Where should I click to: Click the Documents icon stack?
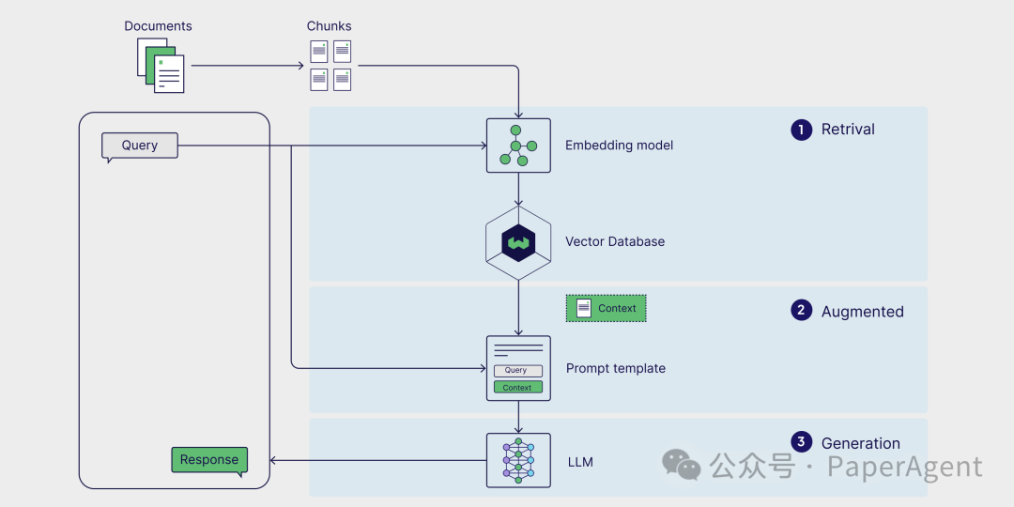[x=161, y=66]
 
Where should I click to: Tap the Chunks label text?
[x=330, y=26]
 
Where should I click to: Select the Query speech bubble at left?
[x=140, y=146]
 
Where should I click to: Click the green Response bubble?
[x=209, y=461]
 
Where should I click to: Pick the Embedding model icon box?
[x=518, y=146]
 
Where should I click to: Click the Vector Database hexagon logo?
[x=518, y=242]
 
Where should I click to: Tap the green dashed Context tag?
[x=606, y=309]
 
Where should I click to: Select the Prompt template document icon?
[x=518, y=368]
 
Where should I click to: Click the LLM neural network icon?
[x=518, y=460]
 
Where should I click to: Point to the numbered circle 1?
[x=801, y=130]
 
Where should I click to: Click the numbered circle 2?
[x=801, y=311]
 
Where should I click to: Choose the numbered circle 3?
[x=801, y=442]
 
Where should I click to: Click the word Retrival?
[x=848, y=130]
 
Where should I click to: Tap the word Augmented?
[x=863, y=312]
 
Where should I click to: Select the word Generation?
[x=861, y=443]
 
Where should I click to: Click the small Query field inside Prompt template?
[x=518, y=371]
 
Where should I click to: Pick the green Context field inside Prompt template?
[x=518, y=388]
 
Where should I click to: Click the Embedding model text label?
[x=619, y=146]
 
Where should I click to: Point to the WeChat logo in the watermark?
[x=681, y=465]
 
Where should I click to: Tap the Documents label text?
[x=159, y=26]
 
